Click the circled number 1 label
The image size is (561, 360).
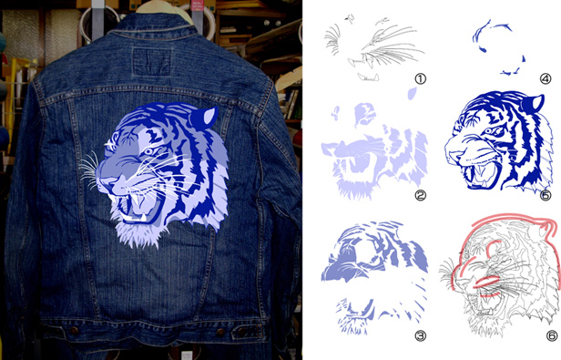[x=421, y=78]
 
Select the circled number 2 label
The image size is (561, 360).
[x=421, y=196]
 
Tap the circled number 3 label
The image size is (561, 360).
[x=421, y=335]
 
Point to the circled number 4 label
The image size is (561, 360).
[x=545, y=78]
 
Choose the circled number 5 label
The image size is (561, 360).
[x=545, y=196]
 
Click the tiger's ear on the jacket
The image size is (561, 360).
[x=204, y=117]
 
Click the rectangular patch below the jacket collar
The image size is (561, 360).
[x=152, y=62]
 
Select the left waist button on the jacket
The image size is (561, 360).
[x=75, y=330]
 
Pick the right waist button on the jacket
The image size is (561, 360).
[x=221, y=333]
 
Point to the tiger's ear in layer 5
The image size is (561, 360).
[x=533, y=104]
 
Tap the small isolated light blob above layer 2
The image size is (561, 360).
[x=412, y=94]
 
